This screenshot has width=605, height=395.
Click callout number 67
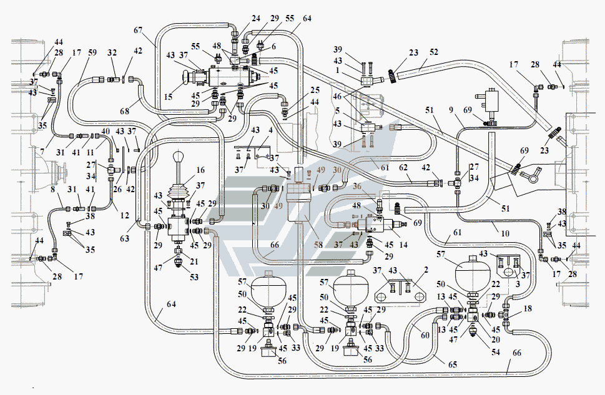point(138,30)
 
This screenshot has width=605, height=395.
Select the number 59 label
point(92,52)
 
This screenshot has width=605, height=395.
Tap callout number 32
point(112,52)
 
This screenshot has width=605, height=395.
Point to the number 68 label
point(125,111)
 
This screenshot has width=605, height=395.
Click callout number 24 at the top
point(256,18)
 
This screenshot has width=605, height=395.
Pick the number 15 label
point(168,97)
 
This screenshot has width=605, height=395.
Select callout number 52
point(434,52)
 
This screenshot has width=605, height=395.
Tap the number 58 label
point(318,245)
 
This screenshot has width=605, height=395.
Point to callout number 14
point(403,245)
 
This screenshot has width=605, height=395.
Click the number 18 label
point(528,309)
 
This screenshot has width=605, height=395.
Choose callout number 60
point(425,335)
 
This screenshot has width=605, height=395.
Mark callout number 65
point(453,364)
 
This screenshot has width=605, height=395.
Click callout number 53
point(194,277)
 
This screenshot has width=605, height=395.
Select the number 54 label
point(495,352)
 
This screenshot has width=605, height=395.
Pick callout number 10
point(505,233)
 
